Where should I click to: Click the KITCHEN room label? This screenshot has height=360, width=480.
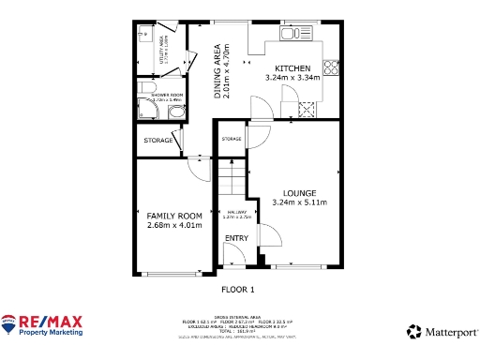(292, 67)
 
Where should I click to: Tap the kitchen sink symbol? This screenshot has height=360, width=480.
(292, 35)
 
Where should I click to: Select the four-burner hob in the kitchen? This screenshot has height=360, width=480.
(330, 67)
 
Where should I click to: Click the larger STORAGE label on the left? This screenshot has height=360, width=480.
(157, 141)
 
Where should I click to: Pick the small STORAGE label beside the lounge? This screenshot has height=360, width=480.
(232, 139)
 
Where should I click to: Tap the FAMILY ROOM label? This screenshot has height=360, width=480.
(174, 215)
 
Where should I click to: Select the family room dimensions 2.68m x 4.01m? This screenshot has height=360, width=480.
(174, 225)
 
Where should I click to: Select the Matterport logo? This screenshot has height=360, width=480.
(442, 332)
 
